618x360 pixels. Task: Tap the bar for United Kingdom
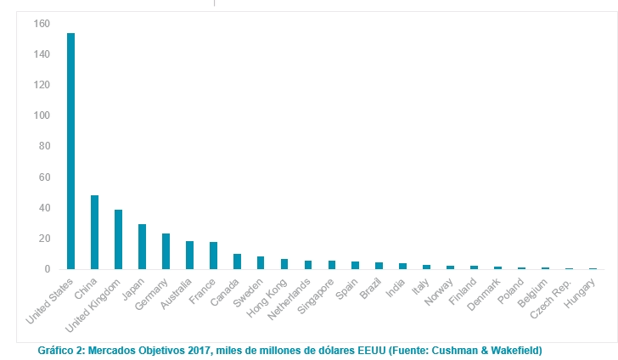pos(119,239)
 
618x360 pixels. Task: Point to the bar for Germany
pos(166,251)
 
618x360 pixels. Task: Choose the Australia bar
pos(190,255)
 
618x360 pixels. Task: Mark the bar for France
pos(214,256)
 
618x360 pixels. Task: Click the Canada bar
pos(238,262)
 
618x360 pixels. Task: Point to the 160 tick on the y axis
pos(42,24)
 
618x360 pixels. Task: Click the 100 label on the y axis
pos(42,85)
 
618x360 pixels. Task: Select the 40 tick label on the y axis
pos(45,208)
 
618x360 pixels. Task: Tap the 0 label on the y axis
pos(48,269)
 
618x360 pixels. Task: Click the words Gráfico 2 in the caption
pos(63,350)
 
